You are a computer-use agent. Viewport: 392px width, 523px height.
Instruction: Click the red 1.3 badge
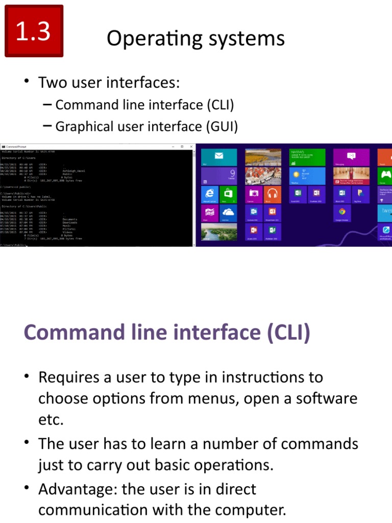click(x=34, y=31)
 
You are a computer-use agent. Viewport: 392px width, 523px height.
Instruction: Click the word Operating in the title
click(x=144, y=39)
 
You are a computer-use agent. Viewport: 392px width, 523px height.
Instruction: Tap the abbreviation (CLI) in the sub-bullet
click(x=220, y=105)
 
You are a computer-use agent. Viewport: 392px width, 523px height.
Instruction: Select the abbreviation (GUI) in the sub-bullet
click(x=224, y=126)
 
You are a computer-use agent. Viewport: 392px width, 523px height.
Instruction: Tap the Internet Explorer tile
click(x=209, y=194)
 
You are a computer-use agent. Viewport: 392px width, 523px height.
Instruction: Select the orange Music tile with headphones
click(x=272, y=194)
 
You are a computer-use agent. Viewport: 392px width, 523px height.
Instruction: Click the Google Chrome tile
click(x=342, y=212)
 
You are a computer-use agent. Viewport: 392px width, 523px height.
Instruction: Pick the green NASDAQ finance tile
click(x=307, y=157)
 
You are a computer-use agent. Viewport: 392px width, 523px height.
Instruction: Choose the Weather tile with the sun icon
click(x=307, y=176)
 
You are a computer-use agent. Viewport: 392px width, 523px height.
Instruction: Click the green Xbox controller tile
click(x=385, y=176)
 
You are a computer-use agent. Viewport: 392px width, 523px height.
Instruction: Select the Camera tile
click(x=253, y=194)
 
